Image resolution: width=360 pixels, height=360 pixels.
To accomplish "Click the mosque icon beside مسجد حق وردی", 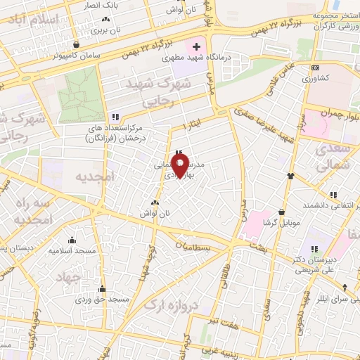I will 103,288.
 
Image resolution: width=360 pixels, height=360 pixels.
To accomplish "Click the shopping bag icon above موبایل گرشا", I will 281,211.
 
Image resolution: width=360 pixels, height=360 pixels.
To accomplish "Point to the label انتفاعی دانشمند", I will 318,205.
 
